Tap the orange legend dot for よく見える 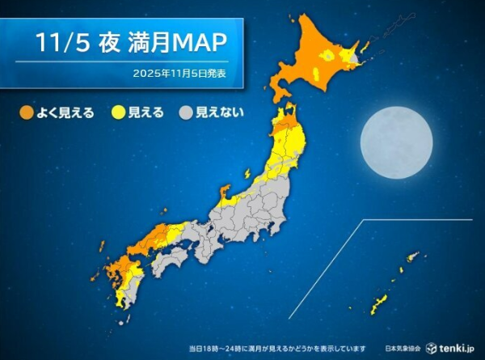point(27,112)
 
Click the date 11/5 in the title point(59,42)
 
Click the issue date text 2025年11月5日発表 point(180,74)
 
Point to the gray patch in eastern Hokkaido point(354,58)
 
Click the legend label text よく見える point(65,112)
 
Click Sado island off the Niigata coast point(246,172)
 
